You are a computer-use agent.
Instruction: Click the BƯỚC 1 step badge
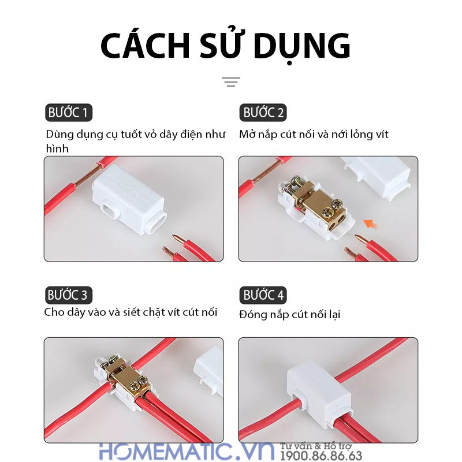coord(68,113)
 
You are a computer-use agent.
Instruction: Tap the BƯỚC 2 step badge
coord(263,113)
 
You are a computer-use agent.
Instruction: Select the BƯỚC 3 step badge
coord(68,296)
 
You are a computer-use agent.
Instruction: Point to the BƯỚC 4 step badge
coord(263,296)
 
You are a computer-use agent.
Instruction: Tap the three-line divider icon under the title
coord(231,82)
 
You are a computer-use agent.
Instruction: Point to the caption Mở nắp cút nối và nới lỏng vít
coord(314,135)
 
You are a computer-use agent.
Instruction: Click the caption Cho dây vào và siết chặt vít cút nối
coord(131,312)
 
